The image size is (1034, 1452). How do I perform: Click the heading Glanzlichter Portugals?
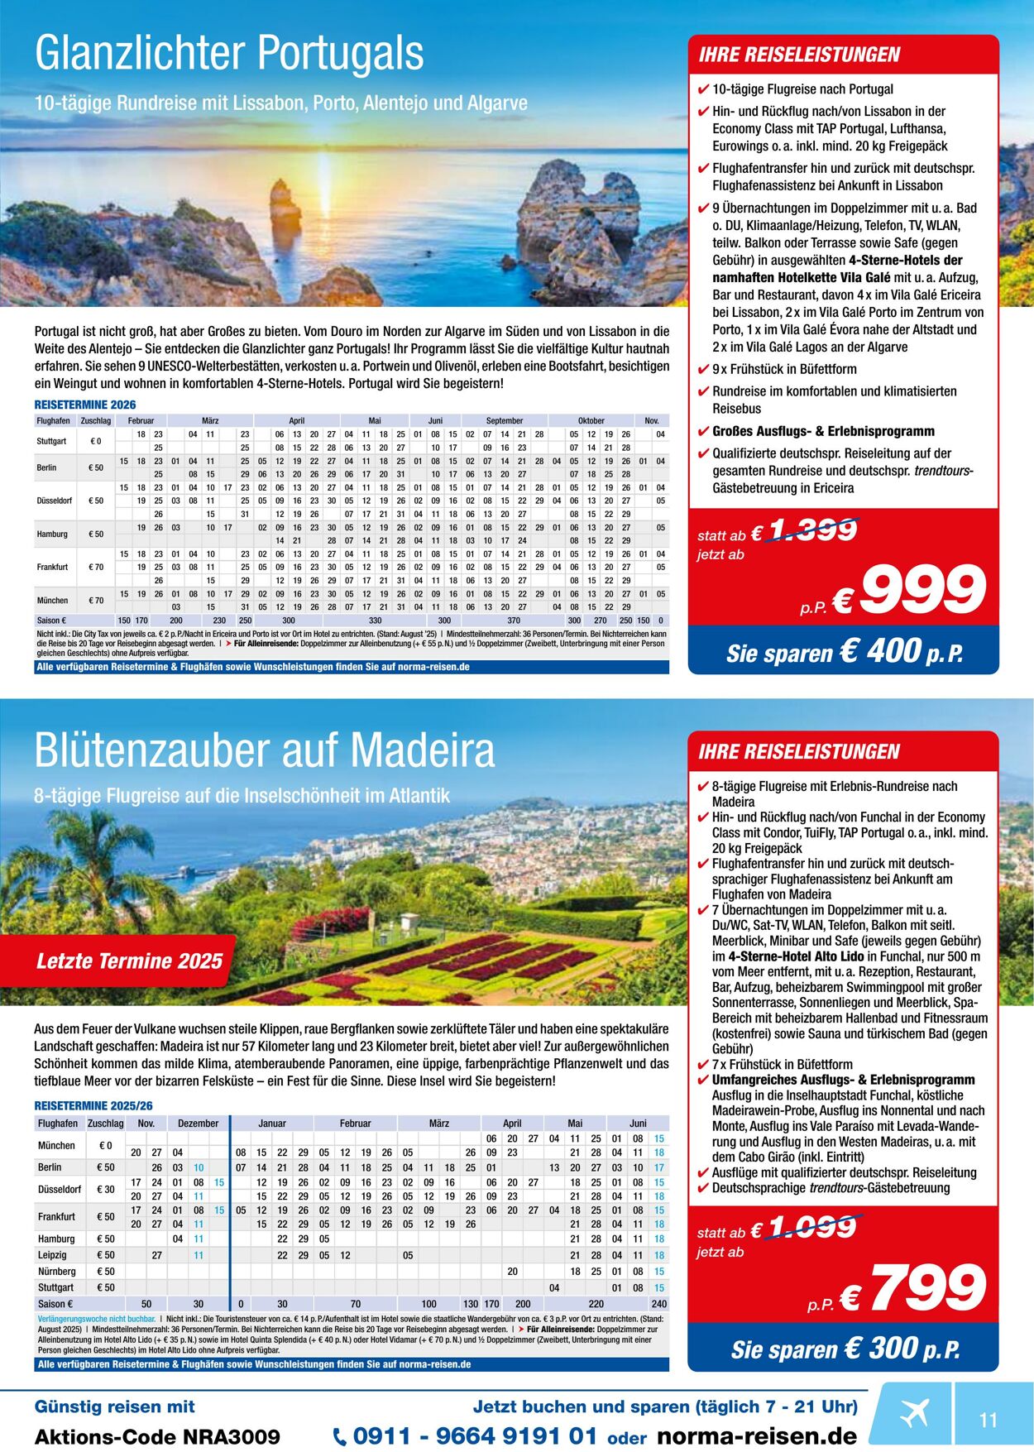point(229,54)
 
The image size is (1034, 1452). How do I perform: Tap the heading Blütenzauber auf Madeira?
point(265,750)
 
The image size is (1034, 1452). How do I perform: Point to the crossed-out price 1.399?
point(812,530)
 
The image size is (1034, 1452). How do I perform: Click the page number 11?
point(989,1421)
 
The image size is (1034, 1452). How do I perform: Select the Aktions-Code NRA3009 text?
point(157,1437)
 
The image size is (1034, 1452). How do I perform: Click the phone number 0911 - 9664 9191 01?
point(474,1436)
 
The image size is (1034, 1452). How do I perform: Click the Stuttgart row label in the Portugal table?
point(51,441)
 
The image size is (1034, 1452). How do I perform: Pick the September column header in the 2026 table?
point(505,420)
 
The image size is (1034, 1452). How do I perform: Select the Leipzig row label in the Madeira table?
point(53,1255)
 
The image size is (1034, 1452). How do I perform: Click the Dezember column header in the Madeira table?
point(199,1124)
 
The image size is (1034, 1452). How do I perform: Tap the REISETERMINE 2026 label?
point(85,405)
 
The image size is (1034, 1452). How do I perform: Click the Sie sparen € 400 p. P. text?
point(844,651)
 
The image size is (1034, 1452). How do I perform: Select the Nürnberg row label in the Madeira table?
point(56,1272)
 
